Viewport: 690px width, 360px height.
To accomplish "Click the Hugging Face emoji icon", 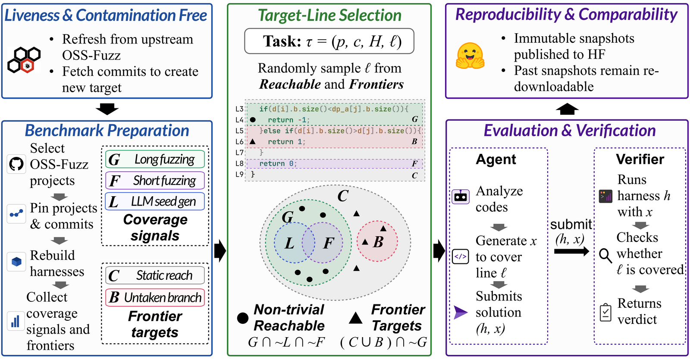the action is click(x=470, y=56).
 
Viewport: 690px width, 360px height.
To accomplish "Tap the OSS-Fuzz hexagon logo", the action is click(x=24, y=60).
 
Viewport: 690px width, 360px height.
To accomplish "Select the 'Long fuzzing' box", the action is click(x=155, y=159).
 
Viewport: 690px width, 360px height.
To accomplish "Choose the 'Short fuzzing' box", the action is click(x=155, y=181).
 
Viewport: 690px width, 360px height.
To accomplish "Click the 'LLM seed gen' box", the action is click(x=155, y=201).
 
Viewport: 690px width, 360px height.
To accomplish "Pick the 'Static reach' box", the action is click(x=155, y=275).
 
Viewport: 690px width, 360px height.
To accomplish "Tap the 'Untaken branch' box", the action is click(x=155, y=297).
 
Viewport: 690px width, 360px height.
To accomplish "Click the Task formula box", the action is click(x=329, y=41).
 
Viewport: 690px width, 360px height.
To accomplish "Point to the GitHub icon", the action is click(x=16, y=164).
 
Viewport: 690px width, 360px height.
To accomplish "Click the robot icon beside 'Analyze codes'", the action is click(x=461, y=197).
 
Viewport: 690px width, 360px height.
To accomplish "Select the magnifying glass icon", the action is click(x=605, y=256).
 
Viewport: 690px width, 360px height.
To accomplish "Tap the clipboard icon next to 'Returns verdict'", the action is click(x=605, y=313).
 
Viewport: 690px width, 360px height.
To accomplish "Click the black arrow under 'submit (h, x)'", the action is click(x=572, y=252).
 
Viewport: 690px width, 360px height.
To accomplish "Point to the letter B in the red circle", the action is click(x=378, y=242).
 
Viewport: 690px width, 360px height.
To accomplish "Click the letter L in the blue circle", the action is click(x=289, y=243).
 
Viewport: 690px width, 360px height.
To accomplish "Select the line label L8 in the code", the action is click(x=239, y=163).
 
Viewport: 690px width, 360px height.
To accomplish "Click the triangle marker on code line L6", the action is click(x=253, y=142).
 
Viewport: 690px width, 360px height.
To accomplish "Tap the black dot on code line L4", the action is click(x=253, y=120).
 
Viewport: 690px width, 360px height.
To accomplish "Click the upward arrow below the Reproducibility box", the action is click(x=567, y=109).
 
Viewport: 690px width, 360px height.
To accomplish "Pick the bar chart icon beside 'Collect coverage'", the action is click(x=16, y=321).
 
